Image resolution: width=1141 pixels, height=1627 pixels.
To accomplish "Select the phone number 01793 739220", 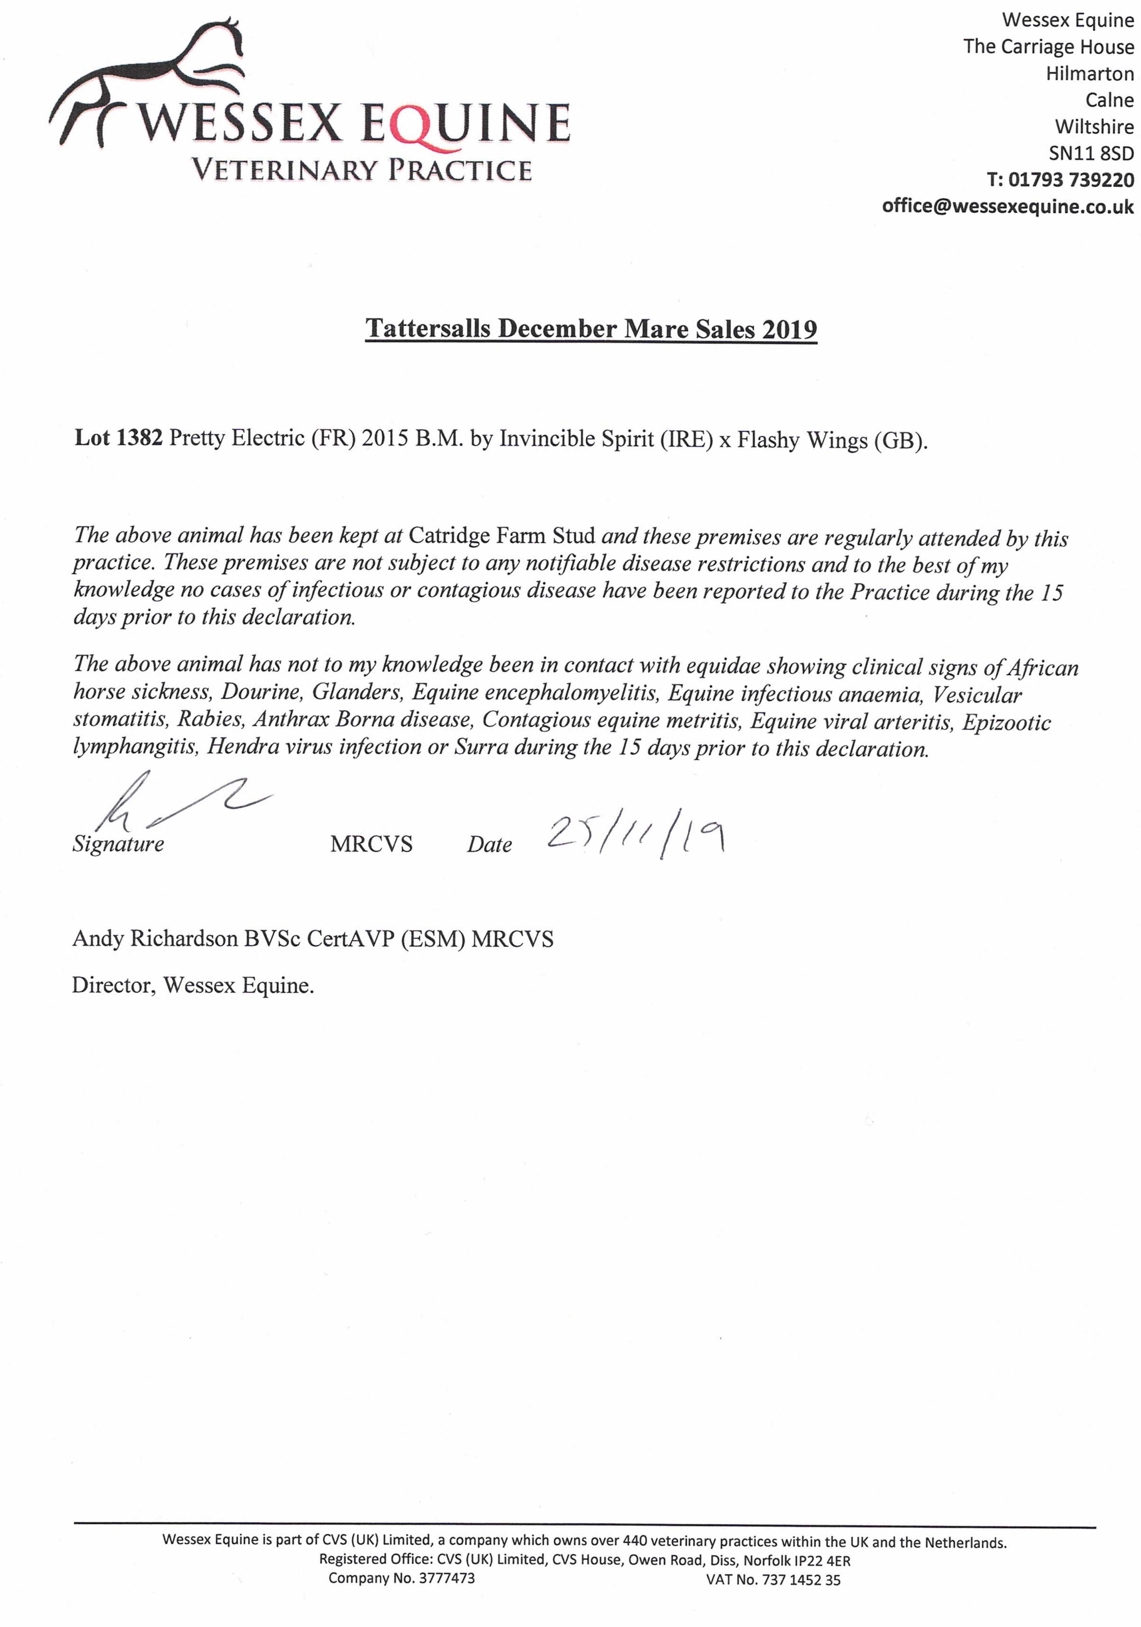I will point(1070,180).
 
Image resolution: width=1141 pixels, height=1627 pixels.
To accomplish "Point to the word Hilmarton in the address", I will point(1089,74).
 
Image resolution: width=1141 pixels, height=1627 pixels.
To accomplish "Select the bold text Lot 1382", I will point(118,438).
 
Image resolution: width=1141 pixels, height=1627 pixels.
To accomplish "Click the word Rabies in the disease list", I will point(211,719).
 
